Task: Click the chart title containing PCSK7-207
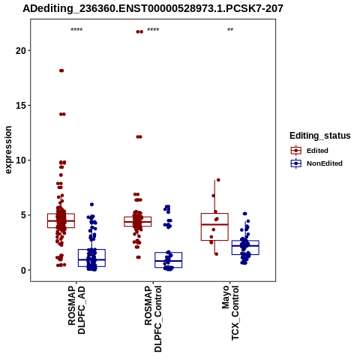click(x=153, y=8)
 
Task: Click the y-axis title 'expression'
click(x=8, y=150)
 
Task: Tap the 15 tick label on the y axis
click(x=21, y=106)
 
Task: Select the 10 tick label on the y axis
click(x=21, y=160)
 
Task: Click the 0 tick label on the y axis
click(x=23, y=270)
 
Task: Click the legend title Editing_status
click(x=320, y=136)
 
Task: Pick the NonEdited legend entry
click(x=316, y=163)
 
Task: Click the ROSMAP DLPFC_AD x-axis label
click(x=76, y=310)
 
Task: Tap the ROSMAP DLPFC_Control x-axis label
click(x=153, y=319)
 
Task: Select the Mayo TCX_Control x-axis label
click(x=230, y=313)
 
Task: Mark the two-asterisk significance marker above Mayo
click(x=230, y=30)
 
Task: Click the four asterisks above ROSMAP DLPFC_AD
click(x=76, y=30)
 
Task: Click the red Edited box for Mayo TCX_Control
click(x=214, y=226)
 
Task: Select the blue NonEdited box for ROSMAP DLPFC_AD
click(x=91, y=258)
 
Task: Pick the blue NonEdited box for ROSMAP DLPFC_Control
click(x=169, y=260)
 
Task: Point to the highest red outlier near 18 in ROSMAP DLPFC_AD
click(x=61, y=70)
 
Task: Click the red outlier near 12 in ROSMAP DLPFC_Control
click(x=139, y=136)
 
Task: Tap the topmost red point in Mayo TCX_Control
click(x=218, y=180)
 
